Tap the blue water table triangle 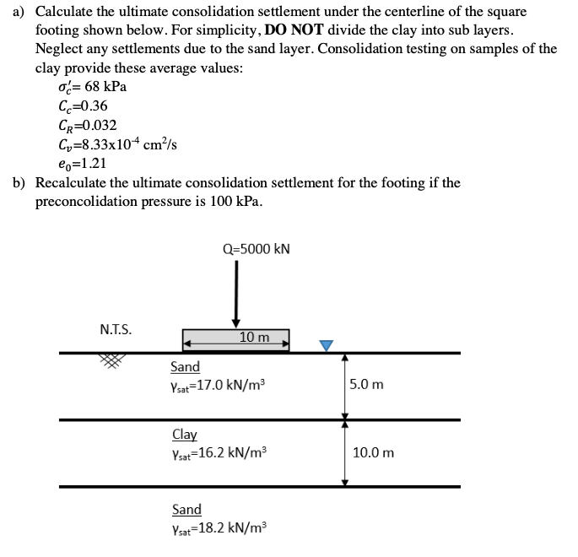327,344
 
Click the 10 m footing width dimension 254,338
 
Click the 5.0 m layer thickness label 366,385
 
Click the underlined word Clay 184,435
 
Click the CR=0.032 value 87,125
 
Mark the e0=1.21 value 83,163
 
